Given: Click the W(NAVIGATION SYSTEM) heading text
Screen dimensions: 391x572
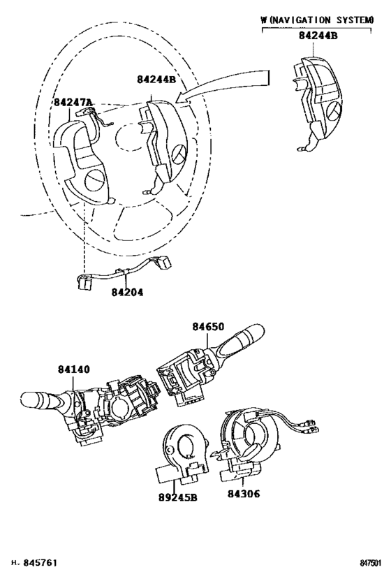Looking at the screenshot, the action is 317,20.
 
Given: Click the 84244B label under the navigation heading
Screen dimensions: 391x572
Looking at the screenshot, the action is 318,36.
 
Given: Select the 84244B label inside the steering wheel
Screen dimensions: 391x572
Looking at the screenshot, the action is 156,79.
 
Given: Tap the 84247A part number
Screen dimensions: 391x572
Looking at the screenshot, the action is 73,102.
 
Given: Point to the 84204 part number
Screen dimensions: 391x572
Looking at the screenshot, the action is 127,292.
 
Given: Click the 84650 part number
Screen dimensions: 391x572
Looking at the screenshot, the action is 208,326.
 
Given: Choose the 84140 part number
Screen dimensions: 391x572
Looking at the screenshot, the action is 73,369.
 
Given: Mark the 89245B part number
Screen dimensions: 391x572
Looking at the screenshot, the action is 177,497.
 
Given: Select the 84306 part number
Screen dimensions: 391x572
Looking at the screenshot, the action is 244,494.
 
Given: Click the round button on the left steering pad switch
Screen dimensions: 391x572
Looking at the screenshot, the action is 94,180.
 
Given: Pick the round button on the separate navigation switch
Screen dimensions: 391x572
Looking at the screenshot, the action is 332,112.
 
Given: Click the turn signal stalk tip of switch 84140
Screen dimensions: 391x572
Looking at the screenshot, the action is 36,401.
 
